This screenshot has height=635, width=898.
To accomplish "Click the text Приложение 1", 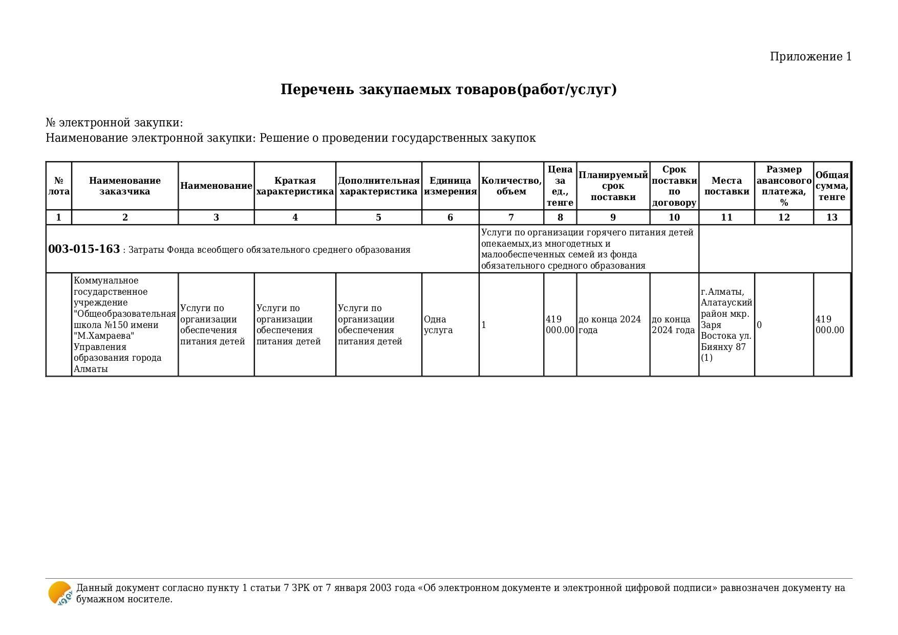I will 810,57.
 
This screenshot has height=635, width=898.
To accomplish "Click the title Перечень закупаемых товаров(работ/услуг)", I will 448,90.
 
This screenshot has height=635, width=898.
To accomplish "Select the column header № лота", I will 59,186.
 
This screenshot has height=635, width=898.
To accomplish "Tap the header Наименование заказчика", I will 124,186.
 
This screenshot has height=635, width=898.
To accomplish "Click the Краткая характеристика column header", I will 295,186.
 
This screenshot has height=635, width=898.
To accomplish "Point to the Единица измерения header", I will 450,186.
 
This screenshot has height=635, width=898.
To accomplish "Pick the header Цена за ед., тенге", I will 560,186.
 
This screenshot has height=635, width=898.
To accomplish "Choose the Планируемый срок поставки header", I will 613,186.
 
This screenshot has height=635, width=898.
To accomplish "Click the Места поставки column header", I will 726,186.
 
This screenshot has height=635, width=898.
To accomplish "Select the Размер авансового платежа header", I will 783,186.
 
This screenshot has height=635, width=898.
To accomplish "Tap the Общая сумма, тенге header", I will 831,186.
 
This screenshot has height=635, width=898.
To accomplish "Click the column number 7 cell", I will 511,217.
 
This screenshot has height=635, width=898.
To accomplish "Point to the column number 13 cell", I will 831,217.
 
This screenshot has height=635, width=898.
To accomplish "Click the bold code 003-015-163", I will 84,249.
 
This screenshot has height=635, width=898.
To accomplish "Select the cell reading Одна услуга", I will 438,325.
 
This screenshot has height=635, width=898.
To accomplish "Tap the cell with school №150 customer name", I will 124,325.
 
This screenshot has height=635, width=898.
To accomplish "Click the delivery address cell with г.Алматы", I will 726,325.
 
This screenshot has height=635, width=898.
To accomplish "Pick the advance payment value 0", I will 759,325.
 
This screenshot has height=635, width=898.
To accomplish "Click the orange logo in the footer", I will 60,594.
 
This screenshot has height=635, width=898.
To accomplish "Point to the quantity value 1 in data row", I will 484,325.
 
